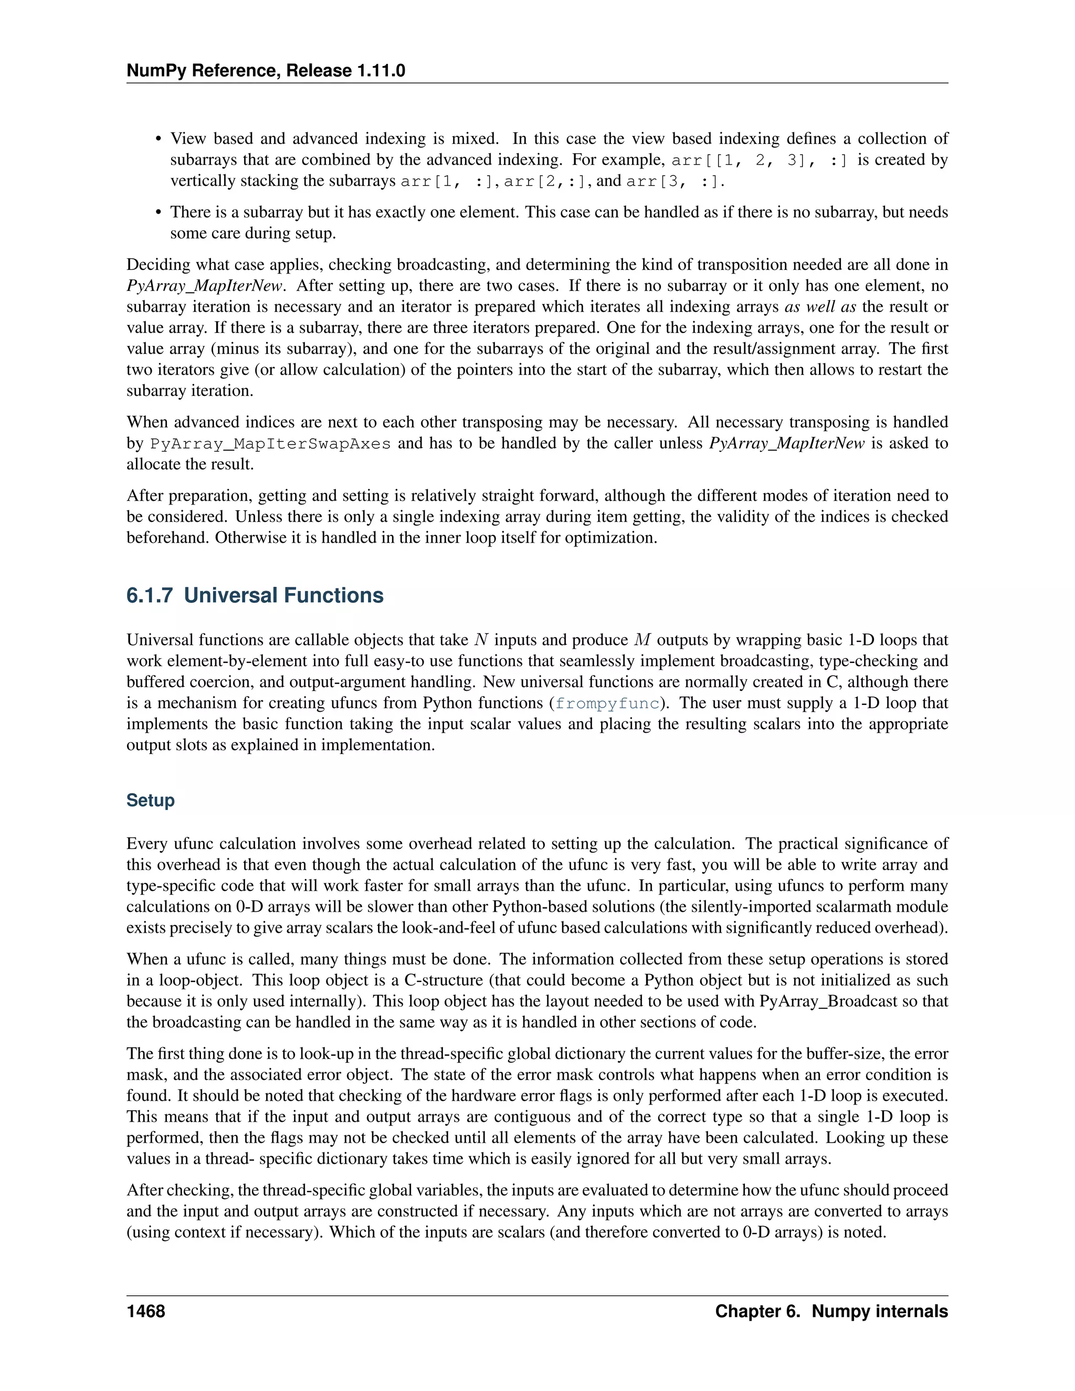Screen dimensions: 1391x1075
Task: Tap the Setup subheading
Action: (x=150, y=800)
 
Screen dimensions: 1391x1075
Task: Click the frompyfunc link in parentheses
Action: (x=607, y=703)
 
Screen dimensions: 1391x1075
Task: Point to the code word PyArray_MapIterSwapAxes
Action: (x=270, y=444)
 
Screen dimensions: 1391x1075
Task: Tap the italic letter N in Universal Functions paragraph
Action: (x=481, y=640)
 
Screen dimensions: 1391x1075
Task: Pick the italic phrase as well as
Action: (x=820, y=307)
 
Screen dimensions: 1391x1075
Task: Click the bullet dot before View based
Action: (x=159, y=140)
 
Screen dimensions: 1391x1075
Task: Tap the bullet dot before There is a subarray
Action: (x=159, y=213)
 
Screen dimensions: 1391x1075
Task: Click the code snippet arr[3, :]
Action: (x=674, y=182)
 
